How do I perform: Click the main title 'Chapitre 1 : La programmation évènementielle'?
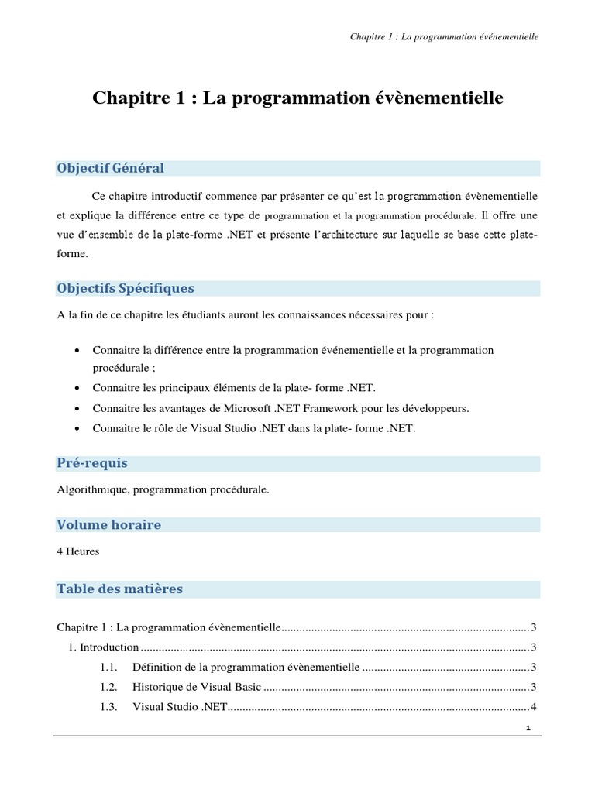point(297,99)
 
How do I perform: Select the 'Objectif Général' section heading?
point(110,168)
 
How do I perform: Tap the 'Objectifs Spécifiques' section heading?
point(126,288)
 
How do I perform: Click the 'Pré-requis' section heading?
point(92,463)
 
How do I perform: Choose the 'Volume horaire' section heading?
point(109,524)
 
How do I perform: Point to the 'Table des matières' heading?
point(119,589)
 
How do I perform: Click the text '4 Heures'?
point(78,552)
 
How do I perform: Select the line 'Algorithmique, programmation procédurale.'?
point(163,489)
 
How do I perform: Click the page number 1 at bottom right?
point(528,728)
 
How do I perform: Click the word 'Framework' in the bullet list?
point(345,407)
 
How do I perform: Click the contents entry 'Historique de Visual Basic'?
point(197,687)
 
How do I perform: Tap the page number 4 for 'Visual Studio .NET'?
point(533,707)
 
